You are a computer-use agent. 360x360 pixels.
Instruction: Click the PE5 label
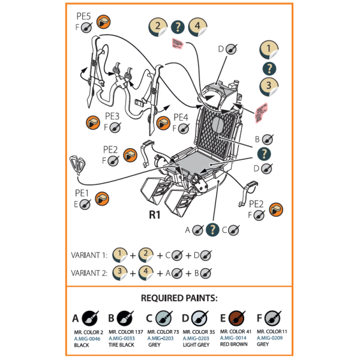point(83,15)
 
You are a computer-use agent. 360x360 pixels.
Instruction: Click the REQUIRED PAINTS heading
point(179,298)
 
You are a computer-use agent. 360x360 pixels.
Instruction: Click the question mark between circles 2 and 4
point(178,26)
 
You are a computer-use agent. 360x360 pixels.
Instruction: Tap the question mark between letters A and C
point(211,229)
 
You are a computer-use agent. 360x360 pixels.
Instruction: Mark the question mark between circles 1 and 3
point(269,68)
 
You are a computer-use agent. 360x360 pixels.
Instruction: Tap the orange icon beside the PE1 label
point(101,197)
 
